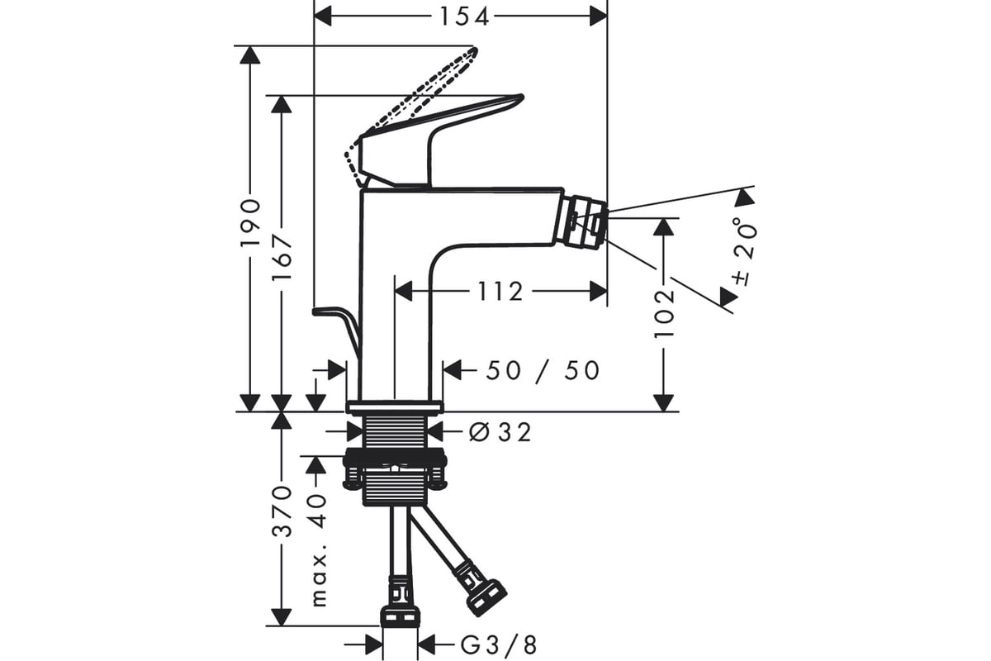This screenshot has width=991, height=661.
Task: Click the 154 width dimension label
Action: tap(464, 17)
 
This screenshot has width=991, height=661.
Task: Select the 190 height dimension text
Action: tap(250, 228)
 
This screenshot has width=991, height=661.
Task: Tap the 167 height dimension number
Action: tap(282, 257)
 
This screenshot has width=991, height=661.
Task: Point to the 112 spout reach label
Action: tap(500, 292)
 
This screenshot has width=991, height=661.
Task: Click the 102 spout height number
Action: tap(664, 312)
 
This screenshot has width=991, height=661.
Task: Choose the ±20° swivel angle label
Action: tap(744, 252)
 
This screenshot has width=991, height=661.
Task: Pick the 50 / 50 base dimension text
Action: tap(543, 370)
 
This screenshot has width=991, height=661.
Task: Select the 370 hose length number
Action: tap(282, 511)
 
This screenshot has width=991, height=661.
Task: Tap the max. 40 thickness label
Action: tap(319, 550)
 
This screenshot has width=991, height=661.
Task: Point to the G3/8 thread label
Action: tap(499, 645)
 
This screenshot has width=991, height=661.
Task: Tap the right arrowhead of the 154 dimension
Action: tap(598, 17)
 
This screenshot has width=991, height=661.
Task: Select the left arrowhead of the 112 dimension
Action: tap(403, 292)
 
